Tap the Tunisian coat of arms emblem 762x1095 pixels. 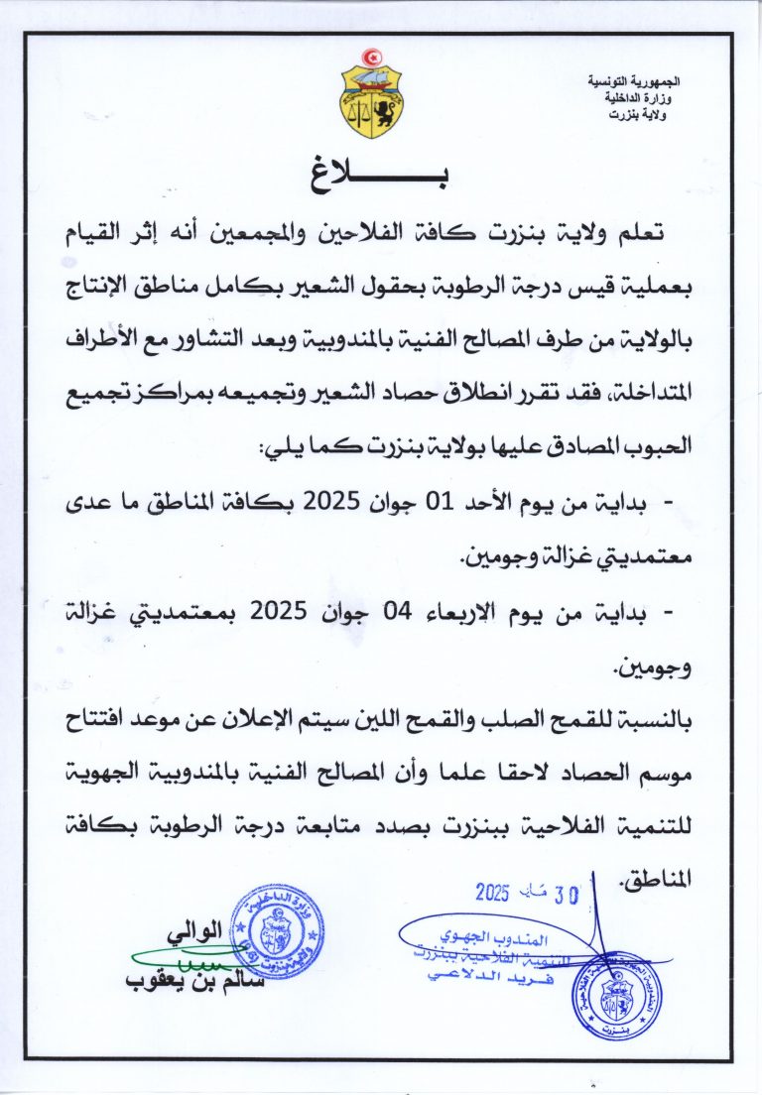pos(373,99)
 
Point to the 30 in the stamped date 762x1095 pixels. pos(566,895)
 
